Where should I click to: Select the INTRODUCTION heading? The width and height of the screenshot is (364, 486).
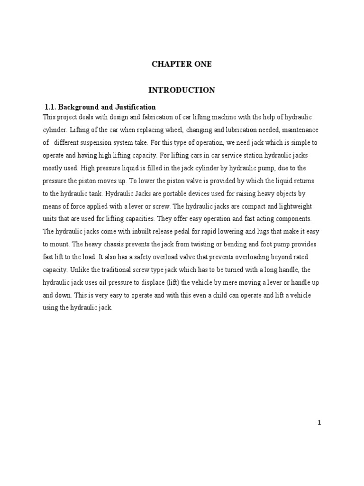(182, 90)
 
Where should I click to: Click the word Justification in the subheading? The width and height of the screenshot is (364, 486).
(135, 107)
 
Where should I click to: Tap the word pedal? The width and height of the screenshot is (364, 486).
(164, 232)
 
